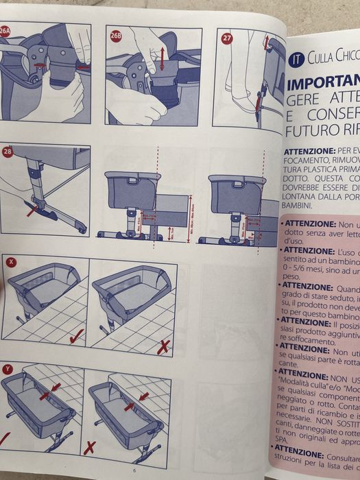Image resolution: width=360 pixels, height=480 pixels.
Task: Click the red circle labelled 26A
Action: click(5, 31)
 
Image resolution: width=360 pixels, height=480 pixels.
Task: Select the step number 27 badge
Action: click(227, 38)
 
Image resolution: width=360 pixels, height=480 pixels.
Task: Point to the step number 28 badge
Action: click(8, 152)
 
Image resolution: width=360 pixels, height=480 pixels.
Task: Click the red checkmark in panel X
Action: click(75, 335)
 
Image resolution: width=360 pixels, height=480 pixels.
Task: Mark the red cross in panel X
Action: click(163, 347)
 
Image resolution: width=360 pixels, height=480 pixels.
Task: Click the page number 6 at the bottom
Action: click(135, 470)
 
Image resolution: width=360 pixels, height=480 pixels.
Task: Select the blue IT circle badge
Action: click(296, 58)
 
